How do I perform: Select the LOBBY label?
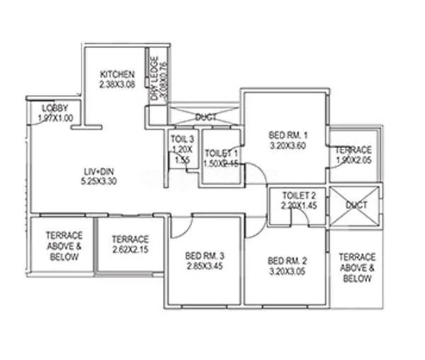point(55,107)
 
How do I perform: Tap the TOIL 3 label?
point(182,139)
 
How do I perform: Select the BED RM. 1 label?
point(286,135)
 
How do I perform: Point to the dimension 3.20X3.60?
point(286,147)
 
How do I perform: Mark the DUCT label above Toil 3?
point(206,116)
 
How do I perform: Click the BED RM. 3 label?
point(204,256)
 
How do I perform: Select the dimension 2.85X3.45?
point(204,266)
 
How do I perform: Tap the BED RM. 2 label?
point(286,259)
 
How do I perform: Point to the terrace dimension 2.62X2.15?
point(130,250)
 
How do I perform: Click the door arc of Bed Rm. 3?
point(182,224)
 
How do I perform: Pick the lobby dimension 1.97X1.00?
point(55,118)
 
